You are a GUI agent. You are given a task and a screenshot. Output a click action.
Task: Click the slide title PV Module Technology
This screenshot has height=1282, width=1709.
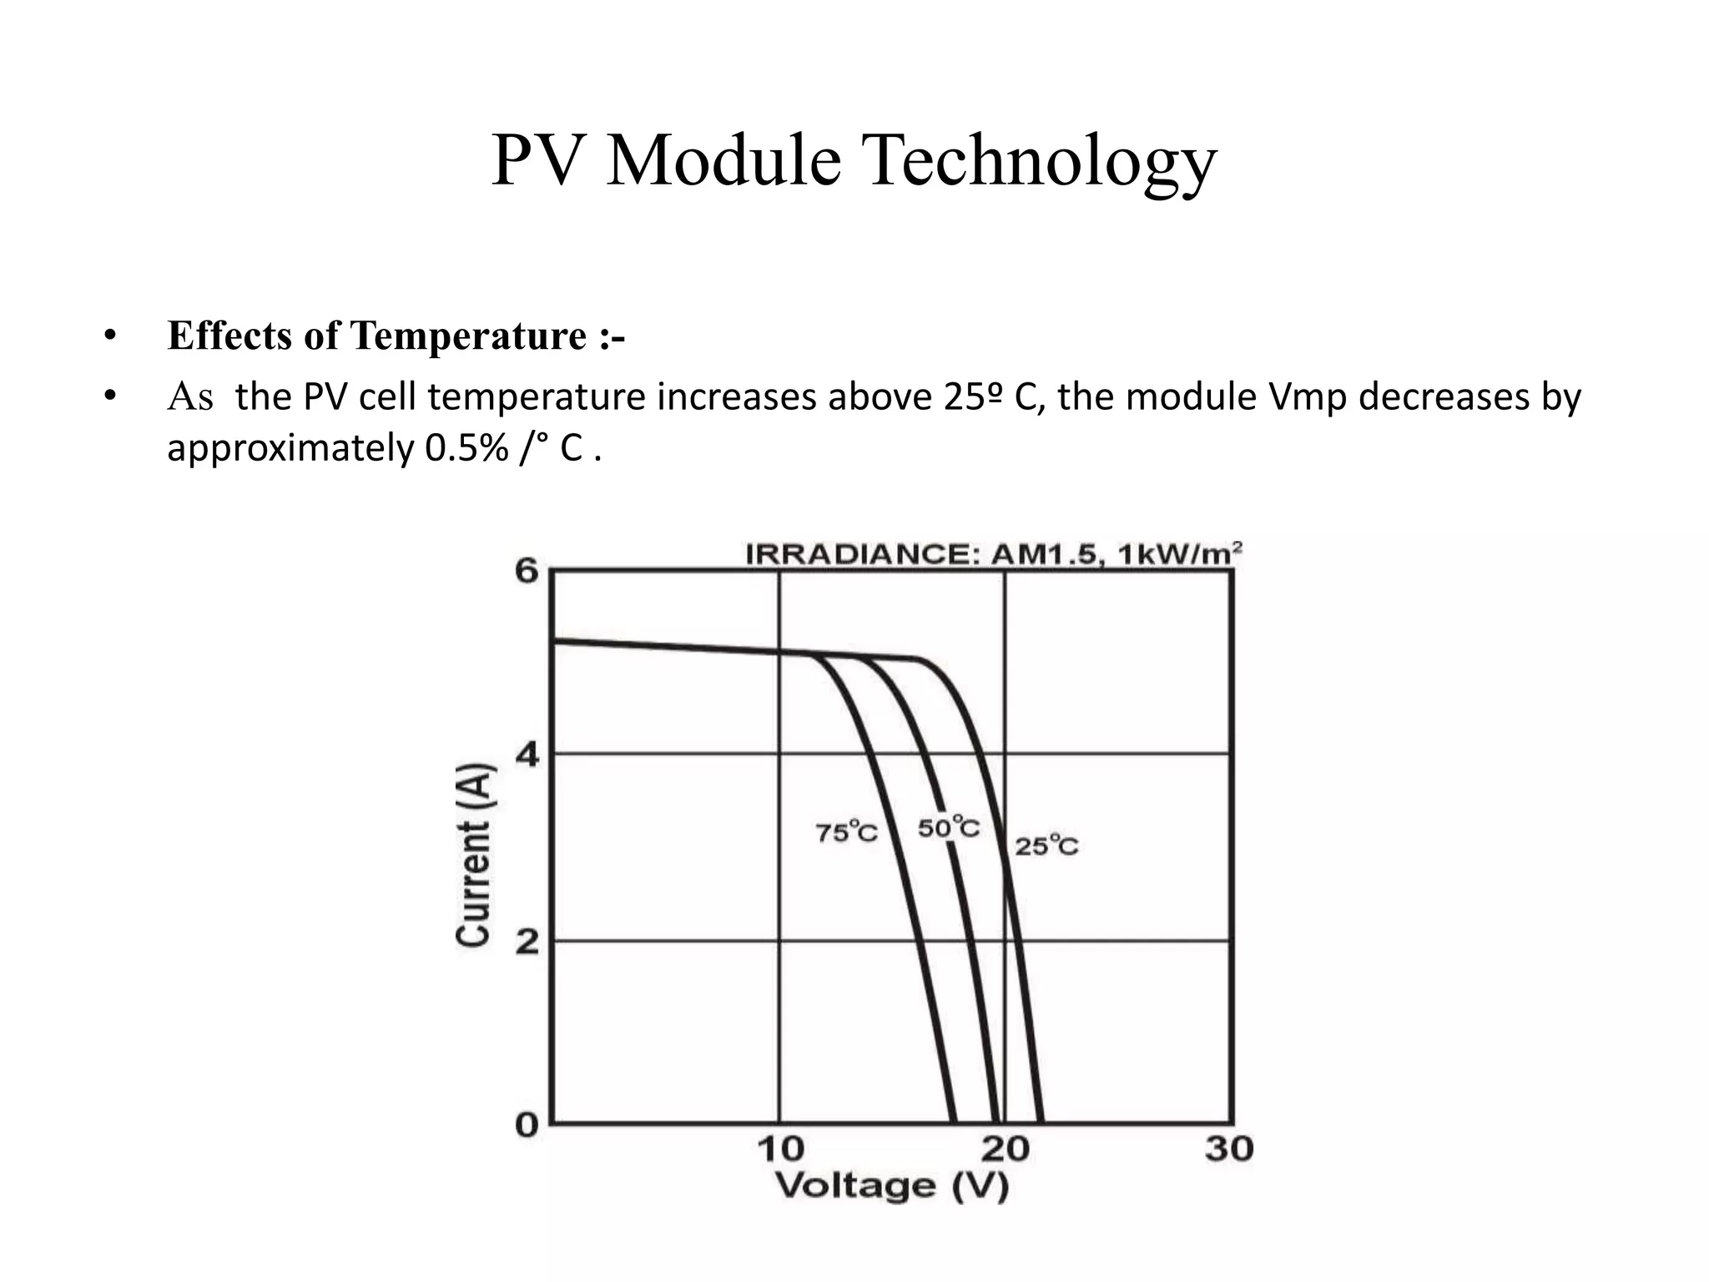(x=854, y=161)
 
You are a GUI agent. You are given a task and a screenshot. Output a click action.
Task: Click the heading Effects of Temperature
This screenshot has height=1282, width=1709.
(x=396, y=336)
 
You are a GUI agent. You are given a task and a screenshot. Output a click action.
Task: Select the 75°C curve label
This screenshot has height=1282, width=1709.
(x=846, y=832)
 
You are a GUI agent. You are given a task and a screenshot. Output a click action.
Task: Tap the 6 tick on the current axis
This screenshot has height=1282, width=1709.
(x=527, y=572)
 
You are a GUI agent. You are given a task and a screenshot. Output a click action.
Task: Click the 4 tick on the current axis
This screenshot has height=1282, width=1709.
(x=527, y=755)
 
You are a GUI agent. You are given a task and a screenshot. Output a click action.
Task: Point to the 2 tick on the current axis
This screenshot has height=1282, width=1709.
(x=527, y=942)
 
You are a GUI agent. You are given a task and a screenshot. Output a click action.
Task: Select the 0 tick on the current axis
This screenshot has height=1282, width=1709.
(x=527, y=1124)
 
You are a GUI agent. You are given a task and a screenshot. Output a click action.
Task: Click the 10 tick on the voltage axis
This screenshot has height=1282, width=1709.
(x=780, y=1149)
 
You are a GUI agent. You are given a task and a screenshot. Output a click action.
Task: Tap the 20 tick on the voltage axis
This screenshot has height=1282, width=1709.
(x=1005, y=1149)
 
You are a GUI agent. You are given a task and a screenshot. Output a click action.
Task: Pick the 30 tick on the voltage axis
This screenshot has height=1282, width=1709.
(x=1229, y=1149)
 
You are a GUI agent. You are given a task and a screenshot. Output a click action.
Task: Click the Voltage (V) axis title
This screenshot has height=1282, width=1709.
(x=892, y=1186)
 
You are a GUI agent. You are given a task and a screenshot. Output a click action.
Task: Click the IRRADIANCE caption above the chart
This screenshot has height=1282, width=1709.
(x=993, y=554)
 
